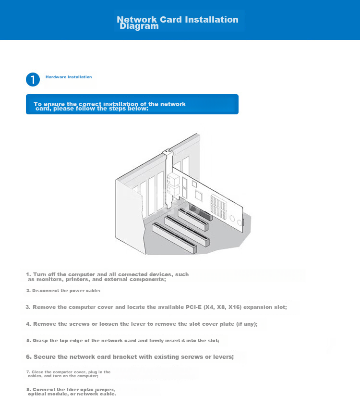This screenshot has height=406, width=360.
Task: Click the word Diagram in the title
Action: coord(139,26)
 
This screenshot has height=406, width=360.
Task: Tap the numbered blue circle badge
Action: coord(33,79)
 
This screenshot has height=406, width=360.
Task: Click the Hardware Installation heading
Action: coord(69,77)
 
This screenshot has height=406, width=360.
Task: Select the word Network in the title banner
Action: coord(137,19)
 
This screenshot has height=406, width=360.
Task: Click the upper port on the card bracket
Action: coord(173,179)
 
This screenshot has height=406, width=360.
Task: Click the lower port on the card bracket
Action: coord(173,191)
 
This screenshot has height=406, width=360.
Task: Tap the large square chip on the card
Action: coord(199,195)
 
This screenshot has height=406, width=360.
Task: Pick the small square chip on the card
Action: coord(194,184)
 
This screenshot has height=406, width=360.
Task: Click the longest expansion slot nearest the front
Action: coord(174,237)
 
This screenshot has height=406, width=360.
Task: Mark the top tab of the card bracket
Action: coord(168,151)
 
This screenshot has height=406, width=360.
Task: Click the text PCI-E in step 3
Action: coord(193,307)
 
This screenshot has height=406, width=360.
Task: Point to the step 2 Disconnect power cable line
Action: coord(63,291)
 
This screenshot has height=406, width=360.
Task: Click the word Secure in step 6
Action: coord(45,357)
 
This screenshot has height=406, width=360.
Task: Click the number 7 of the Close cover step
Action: coord(28,372)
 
